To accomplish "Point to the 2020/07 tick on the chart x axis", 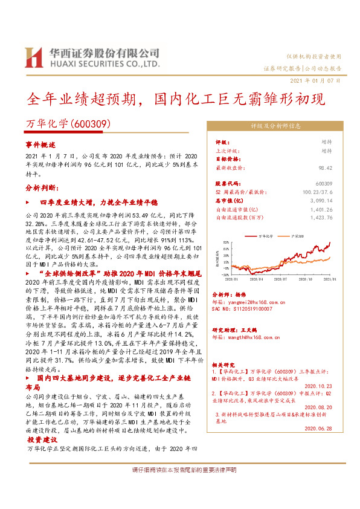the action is tap(279, 280).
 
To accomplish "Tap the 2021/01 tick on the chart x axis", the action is tap(330, 280).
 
